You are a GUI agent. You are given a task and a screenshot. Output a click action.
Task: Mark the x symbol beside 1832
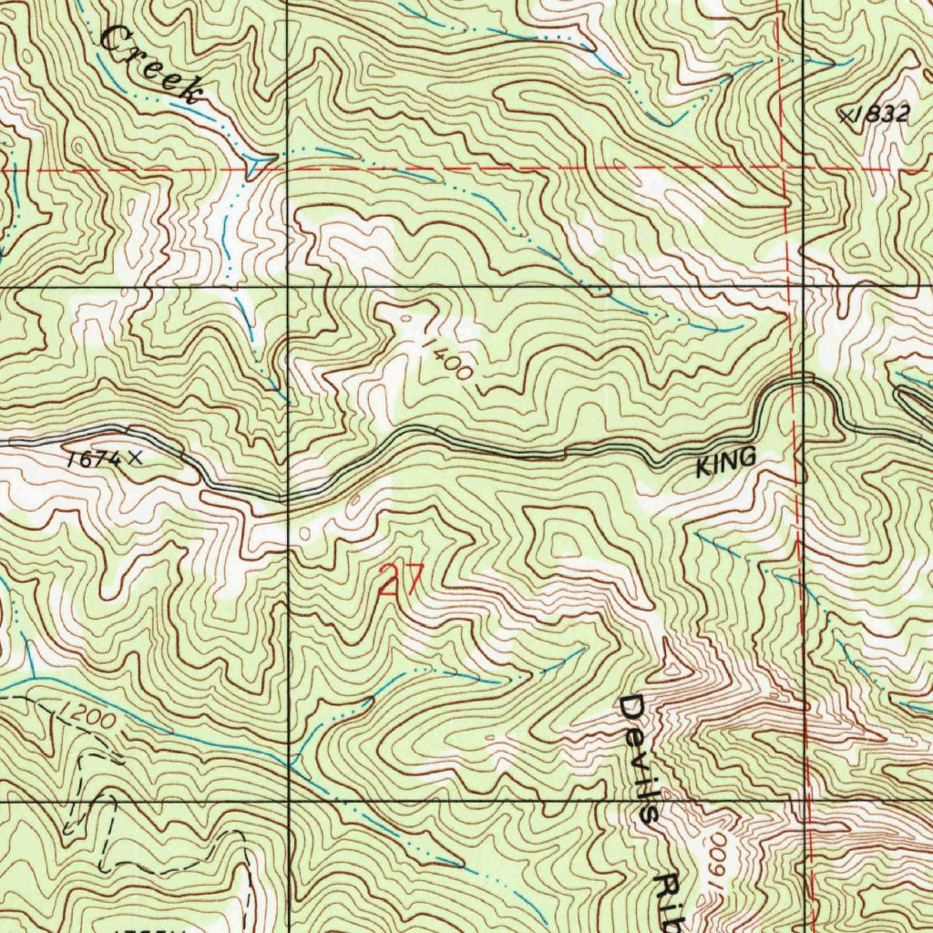pos(847,115)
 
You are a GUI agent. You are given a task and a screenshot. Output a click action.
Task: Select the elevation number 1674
pos(93,459)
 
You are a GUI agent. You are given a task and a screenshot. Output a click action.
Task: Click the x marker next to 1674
pos(136,457)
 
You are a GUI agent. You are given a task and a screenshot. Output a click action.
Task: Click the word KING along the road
pos(726,464)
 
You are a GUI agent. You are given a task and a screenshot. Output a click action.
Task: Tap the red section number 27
pos(401,580)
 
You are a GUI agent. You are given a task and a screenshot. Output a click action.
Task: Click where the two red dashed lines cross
pos(785,169)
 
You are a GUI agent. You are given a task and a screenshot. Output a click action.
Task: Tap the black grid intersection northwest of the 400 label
pos(288,287)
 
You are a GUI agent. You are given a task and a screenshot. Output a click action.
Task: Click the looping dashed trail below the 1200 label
pos(100,820)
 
